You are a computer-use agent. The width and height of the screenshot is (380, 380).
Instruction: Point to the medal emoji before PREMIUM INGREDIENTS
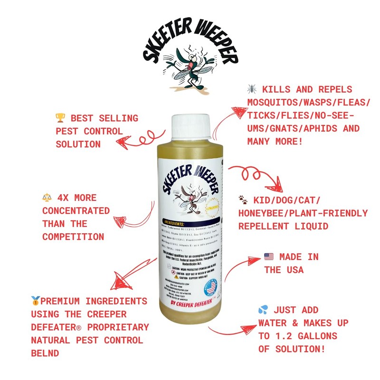(36, 301)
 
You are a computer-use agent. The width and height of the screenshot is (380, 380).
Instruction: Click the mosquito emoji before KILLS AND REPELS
(252, 89)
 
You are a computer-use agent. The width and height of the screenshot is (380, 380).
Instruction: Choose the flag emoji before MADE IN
(269, 257)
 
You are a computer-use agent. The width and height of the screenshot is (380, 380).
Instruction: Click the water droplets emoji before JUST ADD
(263, 310)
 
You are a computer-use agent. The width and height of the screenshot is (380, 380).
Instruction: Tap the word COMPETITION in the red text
(73, 237)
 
